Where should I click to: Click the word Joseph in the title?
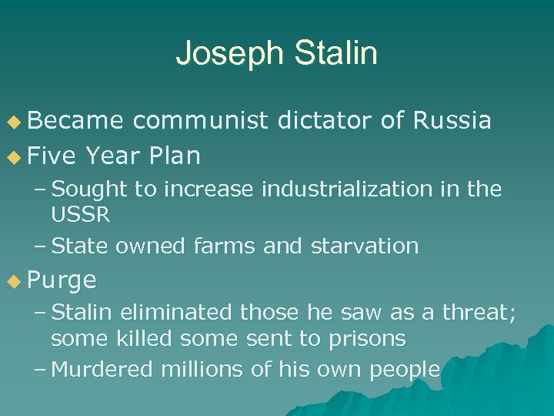click(224, 54)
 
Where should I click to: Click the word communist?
click(199, 121)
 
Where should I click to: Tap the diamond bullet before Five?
click(14, 157)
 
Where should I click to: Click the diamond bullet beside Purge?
click(14, 280)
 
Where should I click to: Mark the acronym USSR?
click(81, 215)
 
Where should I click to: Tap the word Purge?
click(62, 280)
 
